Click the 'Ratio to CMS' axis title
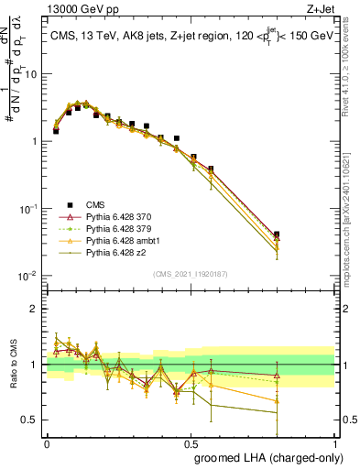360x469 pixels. [x=16, y=365]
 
